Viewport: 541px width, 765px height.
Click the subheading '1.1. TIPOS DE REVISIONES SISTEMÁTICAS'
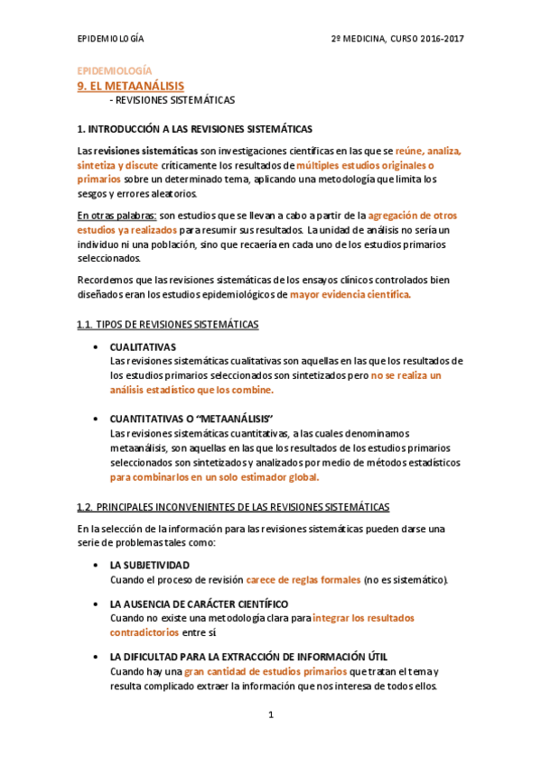click(x=168, y=324)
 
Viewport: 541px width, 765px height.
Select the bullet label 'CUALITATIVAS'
click(x=143, y=346)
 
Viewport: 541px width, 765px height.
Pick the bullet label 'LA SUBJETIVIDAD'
click(x=149, y=565)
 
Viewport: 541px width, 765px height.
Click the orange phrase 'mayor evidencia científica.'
click(x=350, y=294)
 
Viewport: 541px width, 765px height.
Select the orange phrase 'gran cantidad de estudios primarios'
click(x=266, y=671)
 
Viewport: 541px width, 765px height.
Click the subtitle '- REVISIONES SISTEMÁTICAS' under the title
click(x=172, y=100)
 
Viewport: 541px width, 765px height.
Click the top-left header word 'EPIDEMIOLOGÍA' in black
click(x=111, y=37)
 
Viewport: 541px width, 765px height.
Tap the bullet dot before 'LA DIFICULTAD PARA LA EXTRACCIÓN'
click(x=97, y=657)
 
